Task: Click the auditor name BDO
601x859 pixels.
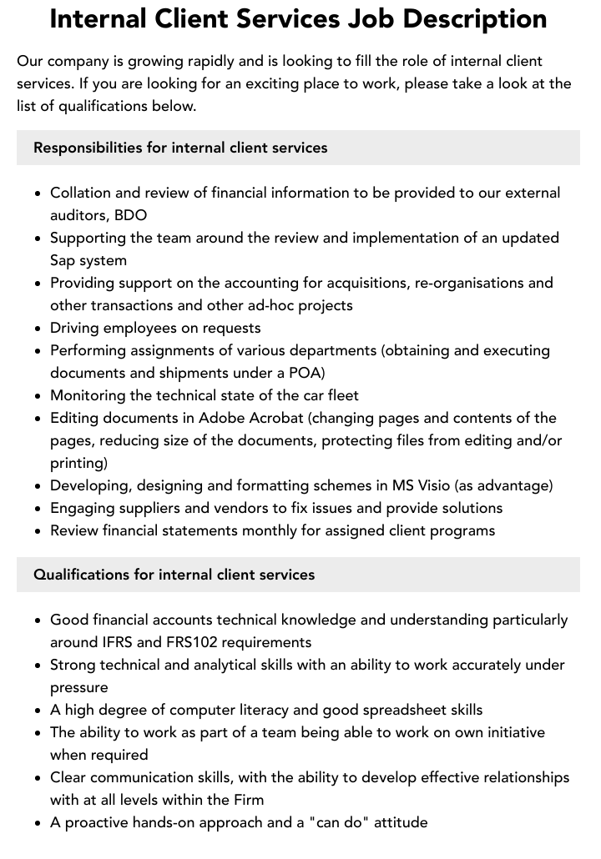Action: click(130, 215)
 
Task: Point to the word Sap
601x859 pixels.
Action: click(64, 260)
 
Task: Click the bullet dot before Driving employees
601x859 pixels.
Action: click(38, 328)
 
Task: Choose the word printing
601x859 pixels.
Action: click(78, 463)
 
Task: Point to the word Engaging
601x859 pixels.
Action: click(85, 508)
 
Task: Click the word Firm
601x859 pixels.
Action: click(247, 800)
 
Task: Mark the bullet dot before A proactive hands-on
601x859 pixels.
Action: click(38, 822)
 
